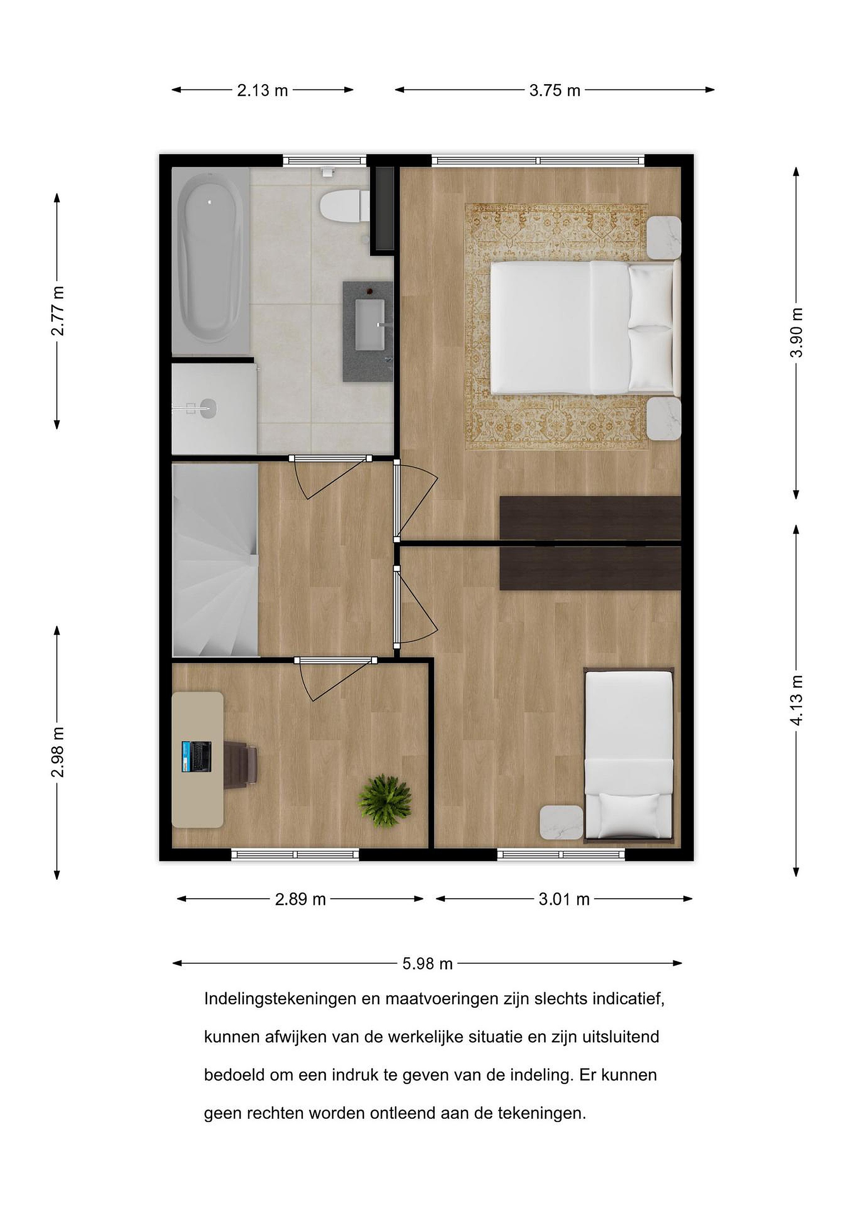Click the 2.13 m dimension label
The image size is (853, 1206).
click(262, 90)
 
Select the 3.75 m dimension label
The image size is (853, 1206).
click(555, 90)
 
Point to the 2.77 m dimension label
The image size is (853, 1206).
click(57, 311)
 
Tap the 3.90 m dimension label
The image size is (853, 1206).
click(796, 332)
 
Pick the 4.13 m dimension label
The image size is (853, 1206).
click(796, 701)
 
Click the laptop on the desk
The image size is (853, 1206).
click(196, 757)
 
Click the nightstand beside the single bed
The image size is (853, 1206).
click(562, 822)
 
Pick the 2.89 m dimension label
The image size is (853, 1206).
click(300, 899)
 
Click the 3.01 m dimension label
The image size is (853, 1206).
click(564, 899)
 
